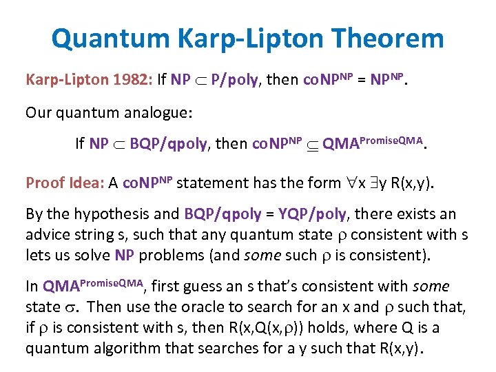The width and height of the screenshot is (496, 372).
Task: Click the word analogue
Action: (x=166, y=112)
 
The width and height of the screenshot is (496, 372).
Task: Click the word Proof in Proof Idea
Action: (x=43, y=183)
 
